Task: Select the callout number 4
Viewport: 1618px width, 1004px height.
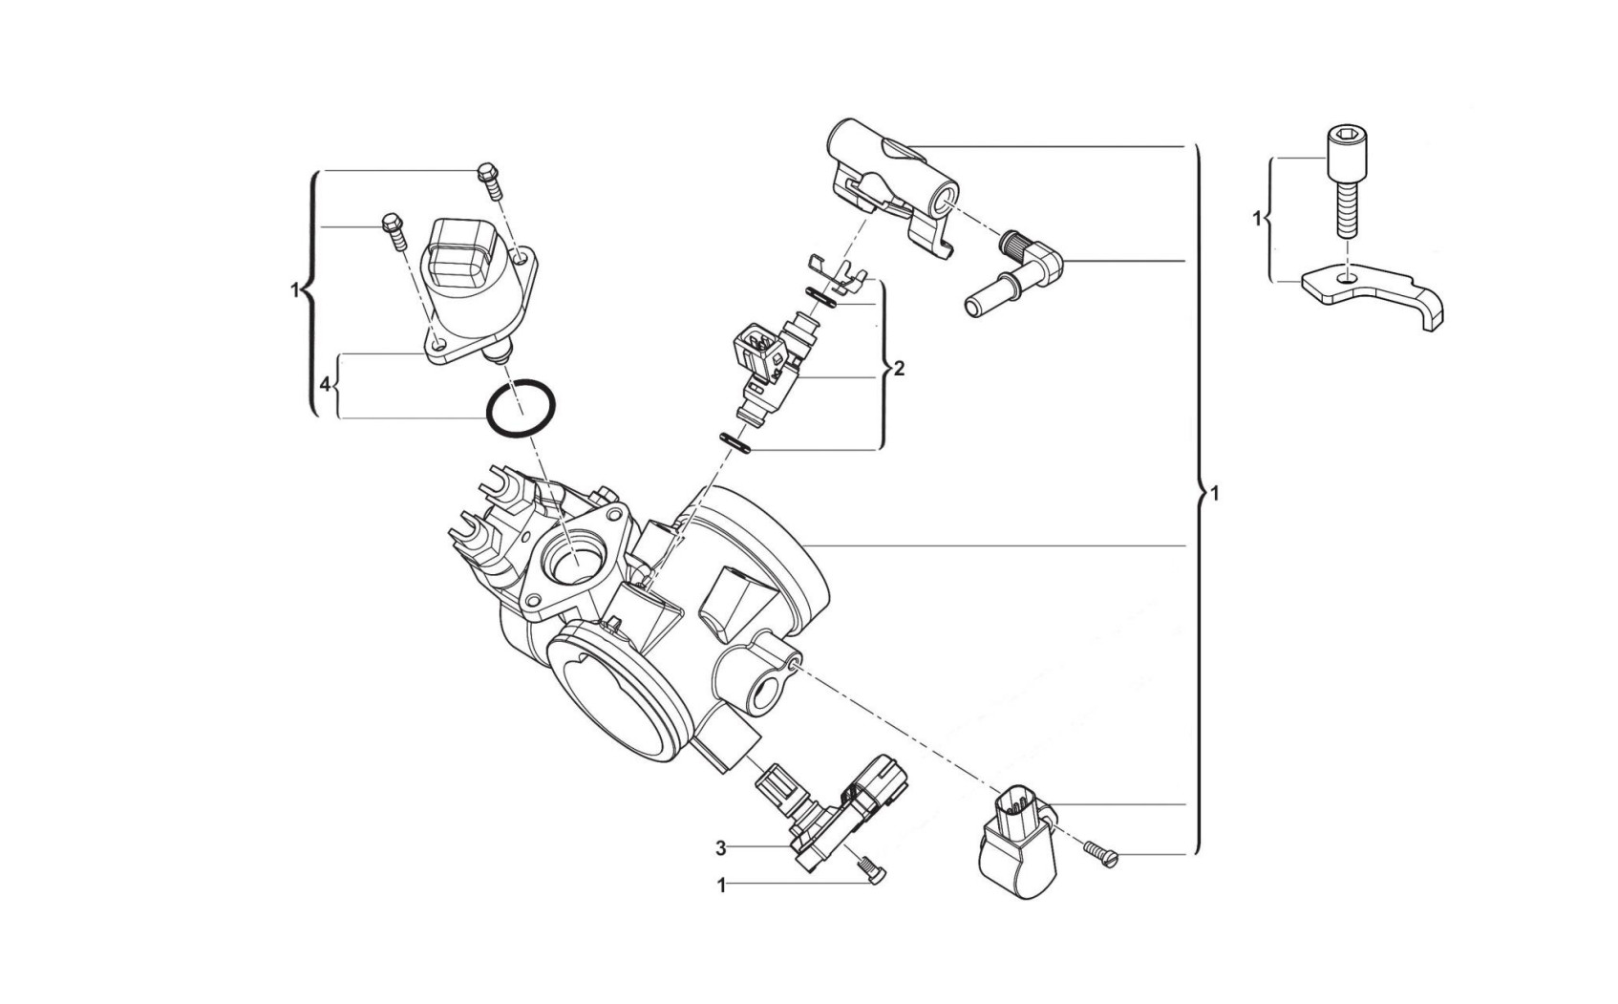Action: click(325, 384)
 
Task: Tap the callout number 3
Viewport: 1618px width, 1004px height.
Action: click(720, 848)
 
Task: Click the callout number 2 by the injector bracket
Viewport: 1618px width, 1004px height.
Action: click(899, 369)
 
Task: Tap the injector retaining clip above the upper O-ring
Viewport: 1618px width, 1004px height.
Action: click(837, 274)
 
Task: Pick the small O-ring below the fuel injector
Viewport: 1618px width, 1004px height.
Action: click(735, 442)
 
